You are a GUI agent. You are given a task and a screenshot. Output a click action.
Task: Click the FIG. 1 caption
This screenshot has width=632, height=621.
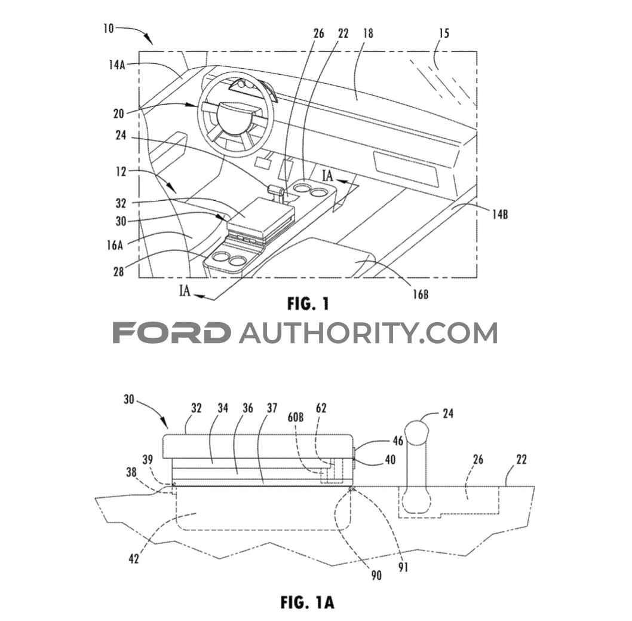(x=308, y=304)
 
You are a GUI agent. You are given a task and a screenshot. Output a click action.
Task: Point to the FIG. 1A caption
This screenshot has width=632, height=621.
(x=308, y=602)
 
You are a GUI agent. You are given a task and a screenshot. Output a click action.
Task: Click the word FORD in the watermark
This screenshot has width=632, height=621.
(x=172, y=333)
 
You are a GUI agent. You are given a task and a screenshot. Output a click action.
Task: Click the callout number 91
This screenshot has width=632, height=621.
(x=404, y=568)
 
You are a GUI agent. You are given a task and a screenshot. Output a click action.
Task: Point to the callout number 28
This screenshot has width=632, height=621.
(x=118, y=272)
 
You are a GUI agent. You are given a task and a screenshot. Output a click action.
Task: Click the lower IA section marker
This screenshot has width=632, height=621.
(x=186, y=292)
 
